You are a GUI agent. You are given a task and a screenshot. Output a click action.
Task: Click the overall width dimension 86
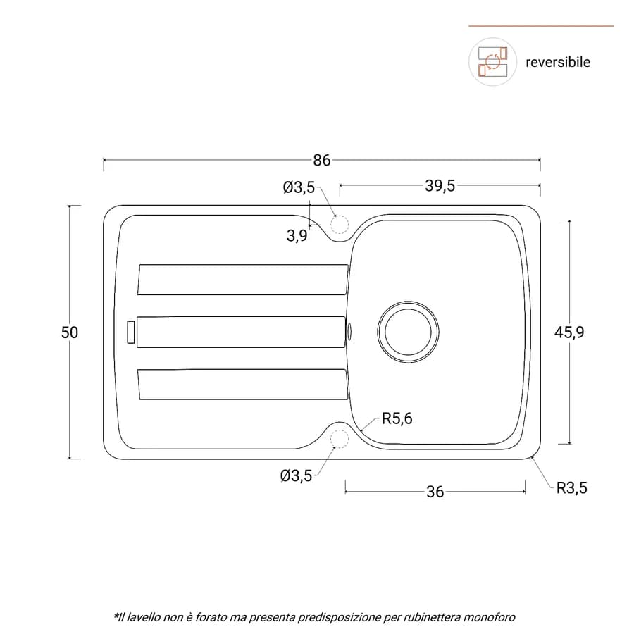pyautogui.click(x=322, y=161)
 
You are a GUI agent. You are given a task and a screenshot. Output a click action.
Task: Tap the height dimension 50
pyautogui.click(x=70, y=332)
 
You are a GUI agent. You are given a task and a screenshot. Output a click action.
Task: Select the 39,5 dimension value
pyautogui.click(x=440, y=186)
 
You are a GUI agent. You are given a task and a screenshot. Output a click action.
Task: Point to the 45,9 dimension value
pyautogui.click(x=569, y=332)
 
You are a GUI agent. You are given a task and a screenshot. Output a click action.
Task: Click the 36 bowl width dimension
pyautogui.click(x=435, y=492)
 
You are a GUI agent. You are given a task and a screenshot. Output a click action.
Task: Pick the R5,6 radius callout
pyautogui.click(x=397, y=418)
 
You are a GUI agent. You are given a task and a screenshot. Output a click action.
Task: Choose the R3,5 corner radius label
pyautogui.click(x=572, y=488)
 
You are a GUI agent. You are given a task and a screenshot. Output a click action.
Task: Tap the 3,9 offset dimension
pyautogui.click(x=297, y=236)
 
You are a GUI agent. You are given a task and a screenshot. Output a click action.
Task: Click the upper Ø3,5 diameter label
pyautogui.click(x=299, y=187)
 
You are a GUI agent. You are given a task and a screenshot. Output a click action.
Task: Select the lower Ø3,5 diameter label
pyautogui.click(x=296, y=476)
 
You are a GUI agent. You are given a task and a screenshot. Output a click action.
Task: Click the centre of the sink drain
pyautogui.click(x=409, y=332)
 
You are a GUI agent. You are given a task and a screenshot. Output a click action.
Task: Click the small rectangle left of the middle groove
pyautogui.click(x=130, y=332)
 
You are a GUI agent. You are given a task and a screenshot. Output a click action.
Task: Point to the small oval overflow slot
pyautogui.click(x=349, y=332)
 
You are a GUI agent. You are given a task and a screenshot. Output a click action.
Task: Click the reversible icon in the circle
pyautogui.click(x=492, y=62)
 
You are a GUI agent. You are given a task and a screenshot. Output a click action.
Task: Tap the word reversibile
pyautogui.click(x=558, y=62)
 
